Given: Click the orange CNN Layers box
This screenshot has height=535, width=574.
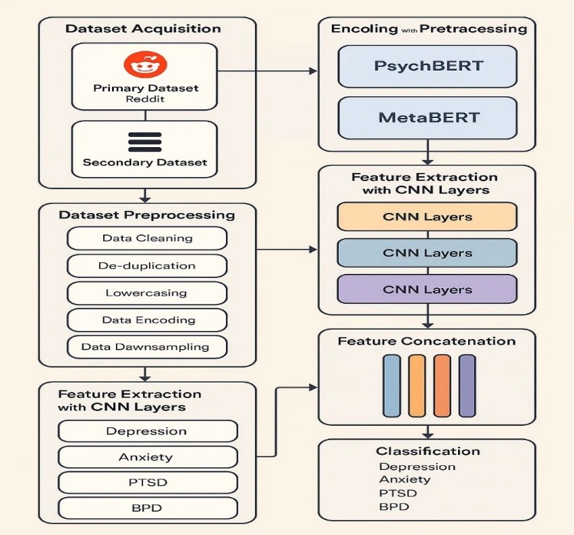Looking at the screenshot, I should coord(427,217).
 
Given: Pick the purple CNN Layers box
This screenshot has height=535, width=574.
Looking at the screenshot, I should coord(427,289).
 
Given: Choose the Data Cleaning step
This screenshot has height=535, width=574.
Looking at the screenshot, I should coord(147,238).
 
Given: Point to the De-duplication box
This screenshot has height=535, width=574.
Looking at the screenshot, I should coord(147,266).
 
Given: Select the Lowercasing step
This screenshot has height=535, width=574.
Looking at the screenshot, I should coord(147,293).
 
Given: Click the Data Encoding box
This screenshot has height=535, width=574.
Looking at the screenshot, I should coord(147,320).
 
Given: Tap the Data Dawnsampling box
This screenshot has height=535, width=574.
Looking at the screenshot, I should coord(147,346).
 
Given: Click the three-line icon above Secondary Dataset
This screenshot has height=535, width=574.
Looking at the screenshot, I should coord(145,142).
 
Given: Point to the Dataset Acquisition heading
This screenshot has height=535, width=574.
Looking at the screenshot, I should coord(143,28).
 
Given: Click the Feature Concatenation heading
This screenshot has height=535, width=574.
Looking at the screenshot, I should coord(427,341).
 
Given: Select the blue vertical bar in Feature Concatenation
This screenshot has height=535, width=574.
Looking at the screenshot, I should coord(391,384).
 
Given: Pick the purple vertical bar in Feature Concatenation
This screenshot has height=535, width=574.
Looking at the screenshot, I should coord(467,384).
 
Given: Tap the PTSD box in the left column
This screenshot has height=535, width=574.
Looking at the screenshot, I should coord(147,482).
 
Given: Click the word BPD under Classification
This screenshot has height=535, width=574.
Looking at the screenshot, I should coord(394,507).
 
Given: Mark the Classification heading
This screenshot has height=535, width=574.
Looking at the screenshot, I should coord(427,451).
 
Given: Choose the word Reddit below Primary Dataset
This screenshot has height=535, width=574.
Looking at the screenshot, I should coord(145,100).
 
